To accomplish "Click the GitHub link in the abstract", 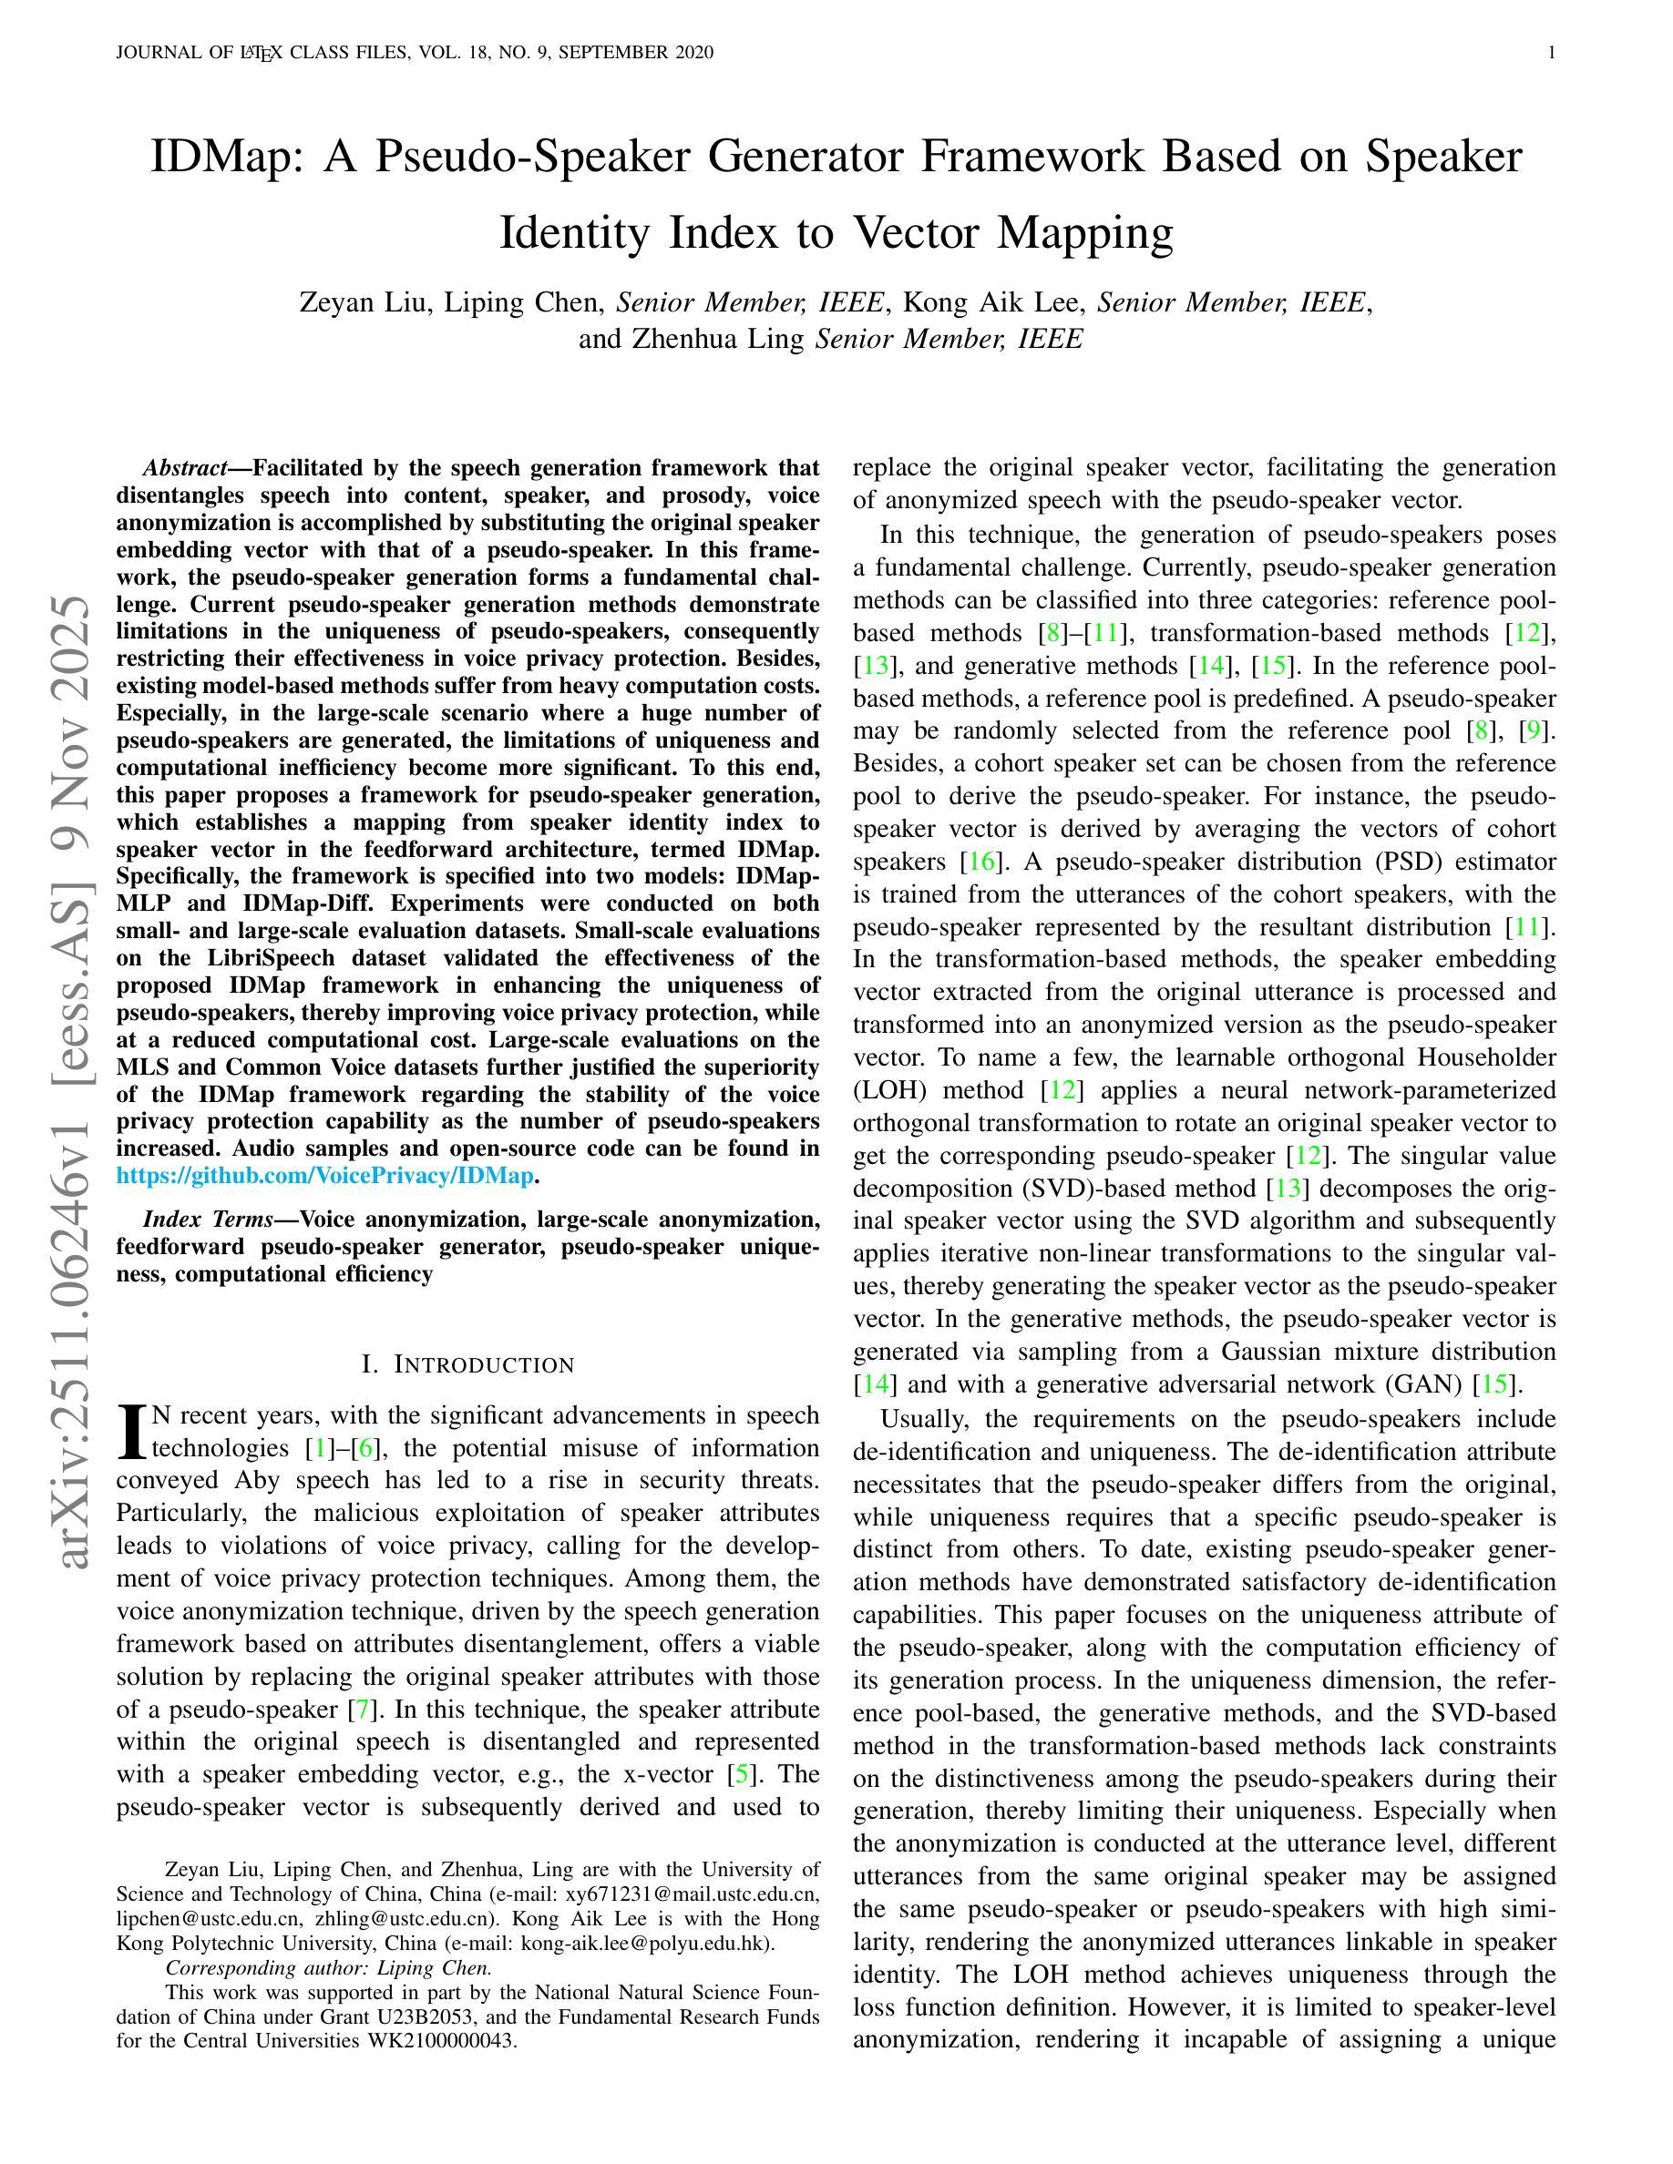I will (x=325, y=1176).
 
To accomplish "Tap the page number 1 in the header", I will (x=1551, y=53).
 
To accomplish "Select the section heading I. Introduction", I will (x=467, y=1364).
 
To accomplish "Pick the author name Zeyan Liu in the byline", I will (x=364, y=302).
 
